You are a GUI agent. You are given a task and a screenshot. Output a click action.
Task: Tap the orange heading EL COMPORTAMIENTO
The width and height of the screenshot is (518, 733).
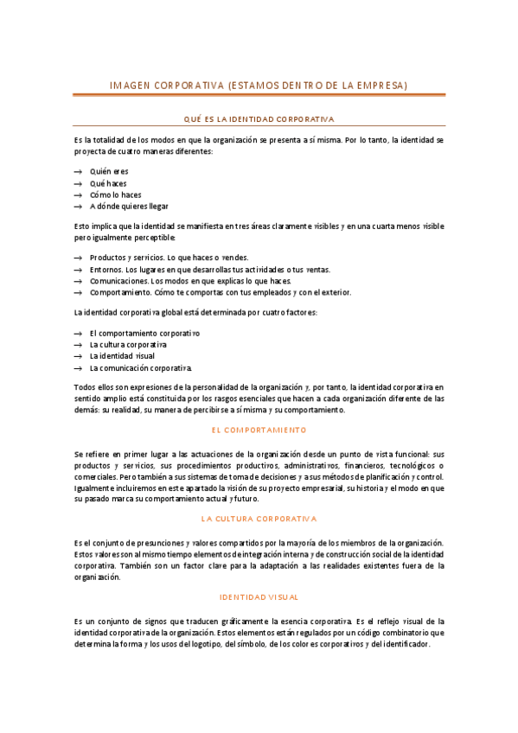(x=259, y=430)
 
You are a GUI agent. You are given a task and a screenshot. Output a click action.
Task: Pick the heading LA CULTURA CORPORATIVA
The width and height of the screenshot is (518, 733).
(x=259, y=519)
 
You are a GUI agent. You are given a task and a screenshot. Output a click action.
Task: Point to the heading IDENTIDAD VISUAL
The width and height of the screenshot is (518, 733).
(x=259, y=597)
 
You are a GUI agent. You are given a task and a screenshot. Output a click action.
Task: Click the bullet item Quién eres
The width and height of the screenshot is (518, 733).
(x=109, y=171)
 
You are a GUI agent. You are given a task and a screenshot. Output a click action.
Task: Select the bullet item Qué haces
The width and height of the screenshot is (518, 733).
(x=108, y=183)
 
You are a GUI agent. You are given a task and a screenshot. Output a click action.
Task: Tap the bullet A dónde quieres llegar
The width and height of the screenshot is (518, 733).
(x=129, y=207)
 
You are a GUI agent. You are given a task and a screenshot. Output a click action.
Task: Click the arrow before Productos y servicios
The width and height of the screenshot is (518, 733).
(x=79, y=258)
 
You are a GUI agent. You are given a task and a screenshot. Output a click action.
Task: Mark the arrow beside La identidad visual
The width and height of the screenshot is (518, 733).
(x=79, y=355)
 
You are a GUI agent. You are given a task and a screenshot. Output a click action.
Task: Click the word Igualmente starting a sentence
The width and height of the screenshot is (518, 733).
(x=96, y=488)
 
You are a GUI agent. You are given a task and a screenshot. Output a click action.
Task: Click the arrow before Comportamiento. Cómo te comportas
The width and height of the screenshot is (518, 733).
(x=79, y=293)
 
